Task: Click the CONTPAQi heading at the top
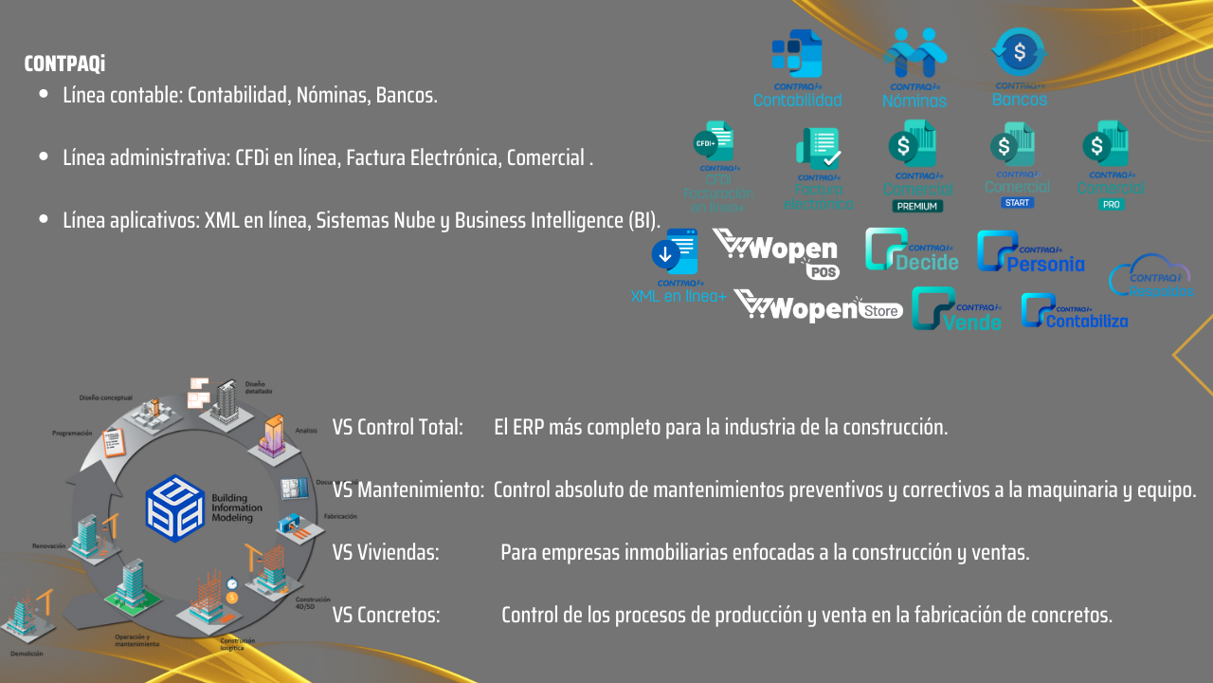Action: pyautogui.click(x=64, y=65)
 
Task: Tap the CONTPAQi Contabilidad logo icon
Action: pyautogui.click(x=796, y=54)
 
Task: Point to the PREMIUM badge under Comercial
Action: pyautogui.click(x=916, y=206)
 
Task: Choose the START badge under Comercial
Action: pyautogui.click(x=1017, y=202)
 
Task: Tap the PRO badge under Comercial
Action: pyautogui.click(x=1112, y=204)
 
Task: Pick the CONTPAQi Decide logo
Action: pyautogui.click(x=912, y=250)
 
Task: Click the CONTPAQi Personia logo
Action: pyautogui.click(x=1030, y=252)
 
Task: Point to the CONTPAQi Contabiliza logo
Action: pyautogui.click(x=1074, y=312)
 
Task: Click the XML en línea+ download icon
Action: pyautogui.click(x=674, y=253)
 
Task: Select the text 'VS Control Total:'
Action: pyautogui.click(x=397, y=427)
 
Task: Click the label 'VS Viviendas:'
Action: pyautogui.click(x=386, y=552)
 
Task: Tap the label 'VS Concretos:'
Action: pyautogui.click(x=386, y=615)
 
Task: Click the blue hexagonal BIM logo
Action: pyautogui.click(x=174, y=508)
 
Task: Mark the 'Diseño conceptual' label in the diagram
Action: pyautogui.click(x=106, y=399)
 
